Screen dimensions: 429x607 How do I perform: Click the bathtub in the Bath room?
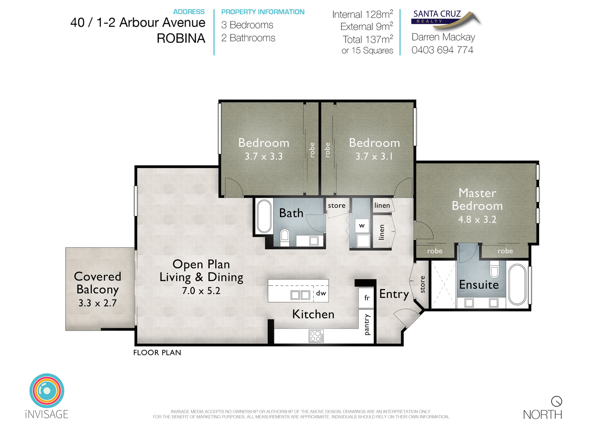coord(264,216)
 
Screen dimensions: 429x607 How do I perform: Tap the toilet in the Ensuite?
coord(494,269)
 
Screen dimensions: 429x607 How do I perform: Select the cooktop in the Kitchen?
coord(316,336)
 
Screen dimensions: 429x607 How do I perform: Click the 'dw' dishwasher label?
coord(321,293)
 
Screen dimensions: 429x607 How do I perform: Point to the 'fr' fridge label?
coord(367,298)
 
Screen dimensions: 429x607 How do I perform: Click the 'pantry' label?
coord(367,325)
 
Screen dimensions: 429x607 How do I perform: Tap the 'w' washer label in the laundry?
coord(362,226)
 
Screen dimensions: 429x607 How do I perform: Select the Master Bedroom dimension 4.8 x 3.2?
coord(477,219)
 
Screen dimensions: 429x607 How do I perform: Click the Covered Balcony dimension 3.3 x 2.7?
coord(98,303)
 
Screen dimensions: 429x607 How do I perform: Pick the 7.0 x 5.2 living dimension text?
coord(201,291)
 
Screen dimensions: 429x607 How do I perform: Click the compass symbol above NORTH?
coord(556,401)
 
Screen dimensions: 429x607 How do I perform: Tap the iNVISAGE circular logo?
coord(47,391)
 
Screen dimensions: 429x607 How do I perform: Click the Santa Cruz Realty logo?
coord(445,19)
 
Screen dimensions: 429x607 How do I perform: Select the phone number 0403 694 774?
coord(442,50)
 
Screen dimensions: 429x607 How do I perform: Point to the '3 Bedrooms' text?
coord(247,25)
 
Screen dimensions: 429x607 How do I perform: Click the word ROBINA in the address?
coord(181,38)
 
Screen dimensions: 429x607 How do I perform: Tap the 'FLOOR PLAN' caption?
coord(157,353)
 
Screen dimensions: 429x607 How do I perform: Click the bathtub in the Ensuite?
coord(517,284)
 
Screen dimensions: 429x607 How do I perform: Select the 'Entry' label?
coord(394,294)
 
